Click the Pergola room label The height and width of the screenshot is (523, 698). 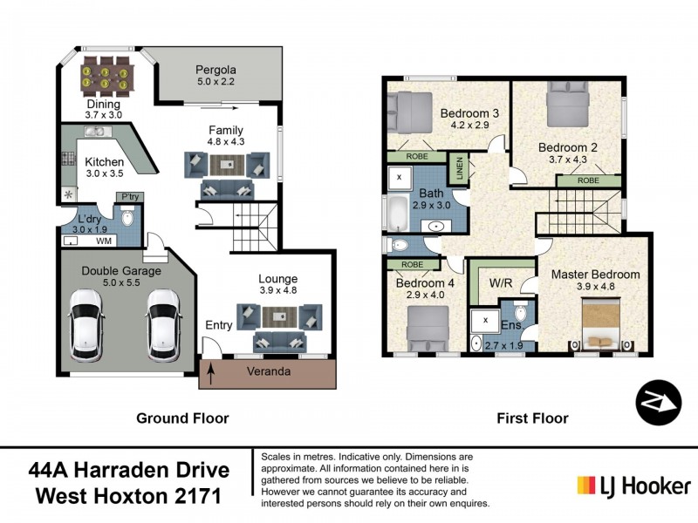point(216,70)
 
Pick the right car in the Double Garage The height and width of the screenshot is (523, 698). point(163,325)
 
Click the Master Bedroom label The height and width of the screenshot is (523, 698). point(595,275)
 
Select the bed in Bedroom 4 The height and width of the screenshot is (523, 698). point(426,326)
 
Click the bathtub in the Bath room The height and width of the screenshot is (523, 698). point(399,214)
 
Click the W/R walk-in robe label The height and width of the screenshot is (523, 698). point(501,282)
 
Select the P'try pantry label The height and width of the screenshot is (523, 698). point(131,197)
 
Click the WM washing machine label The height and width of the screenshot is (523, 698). point(103,240)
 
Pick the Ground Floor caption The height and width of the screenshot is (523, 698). point(182,418)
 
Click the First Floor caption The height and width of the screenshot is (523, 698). point(532,418)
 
